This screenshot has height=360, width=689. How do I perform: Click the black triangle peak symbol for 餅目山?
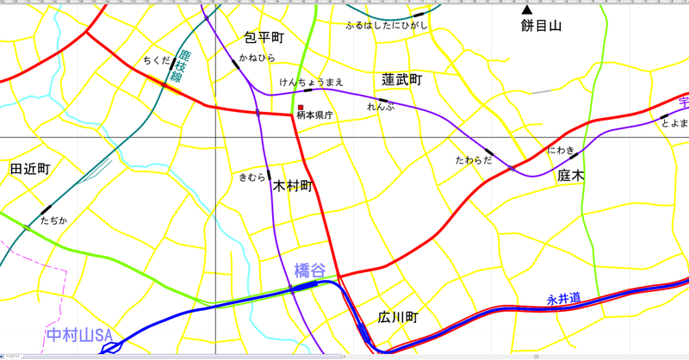pyautogui.click(x=527, y=10)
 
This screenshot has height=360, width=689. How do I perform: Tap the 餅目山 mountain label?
pyautogui.click(x=541, y=27)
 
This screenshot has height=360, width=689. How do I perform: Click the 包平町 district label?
pyautogui.click(x=264, y=39)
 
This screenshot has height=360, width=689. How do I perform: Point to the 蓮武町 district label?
pyautogui.click(x=402, y=79)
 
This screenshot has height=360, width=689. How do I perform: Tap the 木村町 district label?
pyautogui.click(x=293, y=186)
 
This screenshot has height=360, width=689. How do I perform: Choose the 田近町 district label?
pyautogui.click(x=30, y=169)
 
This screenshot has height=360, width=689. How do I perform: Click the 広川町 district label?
pyautogui.click(x=397, y=318)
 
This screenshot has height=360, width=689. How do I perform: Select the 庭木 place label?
pyautogui.click(x=570, y=175)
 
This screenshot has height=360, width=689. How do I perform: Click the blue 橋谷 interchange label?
pyautogui.click(x=310, y=270)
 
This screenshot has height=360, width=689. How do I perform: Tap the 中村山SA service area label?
pyautogui.click(x=80, y=334)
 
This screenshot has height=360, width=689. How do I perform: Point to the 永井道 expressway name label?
pyautogui.click(x=563, y=299)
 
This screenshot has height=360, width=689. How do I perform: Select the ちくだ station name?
pyautogui.click(x=157, y=60)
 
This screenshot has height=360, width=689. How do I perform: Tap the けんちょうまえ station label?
pyautogui.click(x=312, y=82)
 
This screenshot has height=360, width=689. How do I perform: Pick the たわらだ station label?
pyautogui.click(x=473, y=160)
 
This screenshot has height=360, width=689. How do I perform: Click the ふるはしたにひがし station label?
pyautogui.click(x=386, y=26)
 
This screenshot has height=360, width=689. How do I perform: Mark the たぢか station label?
pyautogui.click(x=53, y=220)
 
